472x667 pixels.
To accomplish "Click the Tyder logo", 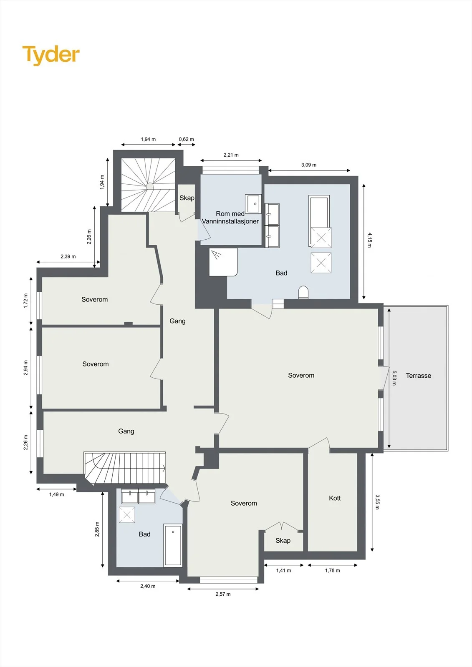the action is pyautogui.click(x=51, y=55).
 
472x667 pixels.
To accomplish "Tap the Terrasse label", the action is pyautogui.click(x=418, y=376).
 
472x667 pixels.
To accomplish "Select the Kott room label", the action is pyautogui.click(x=335, y=498).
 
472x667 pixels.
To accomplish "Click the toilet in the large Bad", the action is pyautogui.click(x=303, y=292).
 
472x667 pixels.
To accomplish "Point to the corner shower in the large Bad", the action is pyautogui.click(x=223, y=262).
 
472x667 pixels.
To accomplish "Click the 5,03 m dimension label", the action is pyautogui.click(x=394, y=378).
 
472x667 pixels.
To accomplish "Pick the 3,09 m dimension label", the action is pyautogui.click(x=309, y=165).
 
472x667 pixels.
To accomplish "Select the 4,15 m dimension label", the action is pyautogui.click(x=369, y=240).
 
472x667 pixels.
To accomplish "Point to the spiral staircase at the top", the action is pyautogui.click(x=148, y=185).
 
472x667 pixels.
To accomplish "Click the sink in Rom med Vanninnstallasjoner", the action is pyautogui.click(x=253, y=204).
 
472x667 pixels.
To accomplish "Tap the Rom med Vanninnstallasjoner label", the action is pyautogui.click(x=230, y=217).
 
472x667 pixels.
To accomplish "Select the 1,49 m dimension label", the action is pyautogui.click(x=57, y=494).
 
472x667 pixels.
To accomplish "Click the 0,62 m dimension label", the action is pyautogui.click(x=187, y=139).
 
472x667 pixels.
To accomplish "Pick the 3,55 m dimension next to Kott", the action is pyautogui.click(x=377, y=502).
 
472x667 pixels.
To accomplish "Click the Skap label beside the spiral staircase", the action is pyautogui.click(x=187, y=198).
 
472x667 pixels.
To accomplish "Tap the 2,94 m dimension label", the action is pyautogui.click(x=25, y=368).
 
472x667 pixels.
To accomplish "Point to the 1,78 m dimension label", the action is pyautogui.click(x=333, y=571).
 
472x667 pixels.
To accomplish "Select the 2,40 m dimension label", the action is pyautogui.click(x=148, y=586).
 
